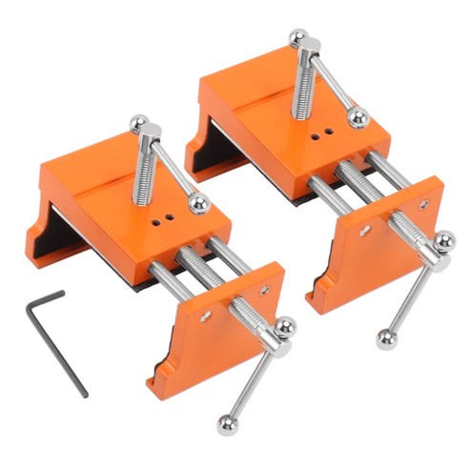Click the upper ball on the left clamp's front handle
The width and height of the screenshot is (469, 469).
pyautogui.click(x=284, y=327)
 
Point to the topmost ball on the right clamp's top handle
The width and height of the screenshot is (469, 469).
pyautogui.click(x=298, y=37)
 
